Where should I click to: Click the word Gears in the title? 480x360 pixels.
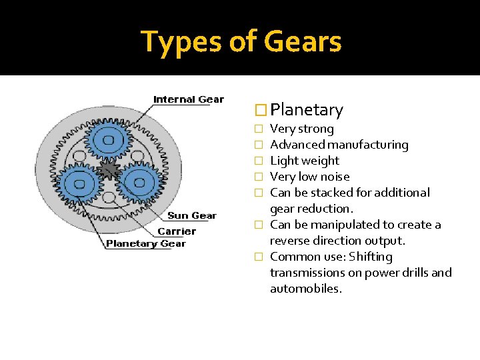coord(303,41)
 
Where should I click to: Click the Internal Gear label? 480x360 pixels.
coord(189,99)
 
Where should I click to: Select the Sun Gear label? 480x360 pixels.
coord(192,215)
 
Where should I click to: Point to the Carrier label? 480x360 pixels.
coord(177,231)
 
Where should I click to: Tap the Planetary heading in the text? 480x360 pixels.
coord(307,110)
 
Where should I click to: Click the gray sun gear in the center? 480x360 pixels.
coord(108,171)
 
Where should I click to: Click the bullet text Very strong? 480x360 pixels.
coord(302,129)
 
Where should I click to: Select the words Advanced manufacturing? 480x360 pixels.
coord(339,145)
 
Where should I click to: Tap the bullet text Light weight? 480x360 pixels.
coord(305,161)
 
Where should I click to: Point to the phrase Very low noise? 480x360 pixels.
coord(309,177)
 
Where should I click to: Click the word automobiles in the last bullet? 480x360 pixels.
coord(305,289)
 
